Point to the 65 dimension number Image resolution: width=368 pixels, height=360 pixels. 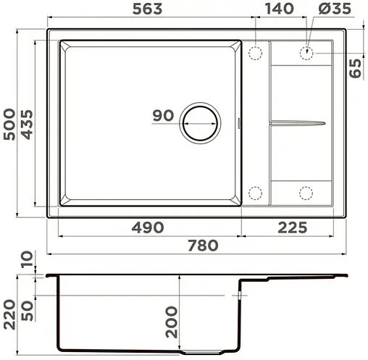tap(355, 68)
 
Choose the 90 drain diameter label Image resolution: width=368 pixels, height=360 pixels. tap(164, 115)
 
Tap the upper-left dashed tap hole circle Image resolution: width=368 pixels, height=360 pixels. tap(255, 54)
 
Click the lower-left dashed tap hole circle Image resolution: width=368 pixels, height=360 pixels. tap(255, 193)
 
